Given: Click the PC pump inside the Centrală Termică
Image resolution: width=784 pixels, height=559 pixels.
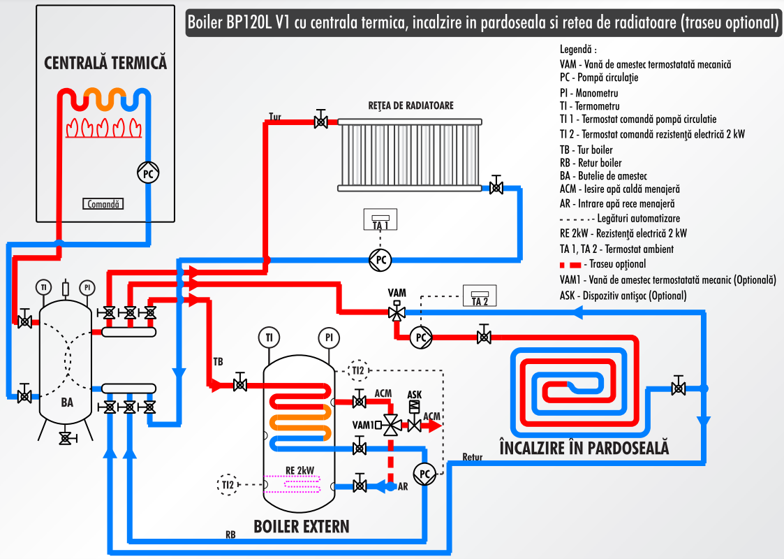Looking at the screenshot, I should tap(147, 173).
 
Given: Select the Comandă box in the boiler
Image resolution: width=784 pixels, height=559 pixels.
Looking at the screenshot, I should tap(103, 204).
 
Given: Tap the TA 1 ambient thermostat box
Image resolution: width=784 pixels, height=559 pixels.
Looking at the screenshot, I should tap(380, 220).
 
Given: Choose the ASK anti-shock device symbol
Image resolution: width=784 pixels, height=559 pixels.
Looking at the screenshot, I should tap(414, 406).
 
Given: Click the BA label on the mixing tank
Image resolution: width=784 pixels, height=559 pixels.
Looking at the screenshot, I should tap(67, 402).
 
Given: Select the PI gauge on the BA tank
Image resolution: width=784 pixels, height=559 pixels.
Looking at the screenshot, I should tap(87, 287).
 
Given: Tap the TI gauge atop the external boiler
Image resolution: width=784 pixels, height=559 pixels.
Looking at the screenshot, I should tap(269, 337).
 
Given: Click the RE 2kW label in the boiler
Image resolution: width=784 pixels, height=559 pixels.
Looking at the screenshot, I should tap(299, 470).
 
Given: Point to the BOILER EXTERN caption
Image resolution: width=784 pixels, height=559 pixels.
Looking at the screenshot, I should tap(301, 526).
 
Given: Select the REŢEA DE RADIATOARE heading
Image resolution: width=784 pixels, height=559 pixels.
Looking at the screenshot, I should tap(411, 106).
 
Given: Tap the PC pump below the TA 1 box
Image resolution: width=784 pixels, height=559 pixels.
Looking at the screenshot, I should tap(380, 259).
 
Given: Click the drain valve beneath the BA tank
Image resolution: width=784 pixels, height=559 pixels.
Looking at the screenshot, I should tap(66, 437).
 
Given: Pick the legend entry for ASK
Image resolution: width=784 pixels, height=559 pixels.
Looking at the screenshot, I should tap(623, 296).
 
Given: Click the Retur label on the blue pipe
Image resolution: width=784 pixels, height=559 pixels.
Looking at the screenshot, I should tap(473, 458).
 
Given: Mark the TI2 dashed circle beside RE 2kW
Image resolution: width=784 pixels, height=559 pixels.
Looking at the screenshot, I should tap(228, 484).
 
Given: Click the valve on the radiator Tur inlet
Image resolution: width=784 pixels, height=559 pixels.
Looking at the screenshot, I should tap(320, 122).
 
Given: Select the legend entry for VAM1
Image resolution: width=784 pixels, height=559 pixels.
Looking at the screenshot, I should tap(667, 279).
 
